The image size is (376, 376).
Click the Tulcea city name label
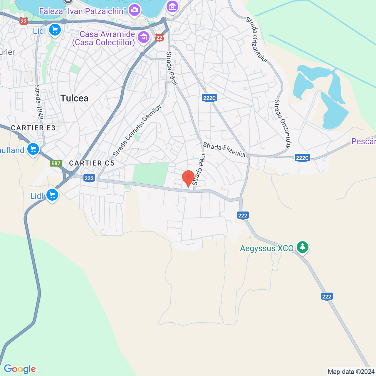(74, 98)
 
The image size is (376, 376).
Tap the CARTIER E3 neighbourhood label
(33, 128)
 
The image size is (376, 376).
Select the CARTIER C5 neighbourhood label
(92, 163)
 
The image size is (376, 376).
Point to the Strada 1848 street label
(39, 102)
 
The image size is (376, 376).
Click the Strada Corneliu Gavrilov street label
(137, 130)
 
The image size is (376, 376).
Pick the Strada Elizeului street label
(224, 150)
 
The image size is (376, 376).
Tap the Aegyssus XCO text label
(266, 249)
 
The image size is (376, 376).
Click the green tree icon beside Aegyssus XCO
(302, 247)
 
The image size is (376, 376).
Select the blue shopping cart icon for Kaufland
(33, 149)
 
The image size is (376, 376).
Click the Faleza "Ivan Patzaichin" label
(83, 11)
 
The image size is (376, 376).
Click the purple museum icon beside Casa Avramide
(143, 37)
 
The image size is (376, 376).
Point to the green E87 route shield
(56, 164)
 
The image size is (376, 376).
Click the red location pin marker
(188, 178)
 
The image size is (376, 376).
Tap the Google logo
(20, 369)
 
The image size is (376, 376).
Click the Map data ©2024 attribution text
(351, 372)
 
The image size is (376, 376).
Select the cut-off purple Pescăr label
(364, 141)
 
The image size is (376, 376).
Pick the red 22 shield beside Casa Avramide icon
(159, 38)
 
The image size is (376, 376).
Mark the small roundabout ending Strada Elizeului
(248, 155)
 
